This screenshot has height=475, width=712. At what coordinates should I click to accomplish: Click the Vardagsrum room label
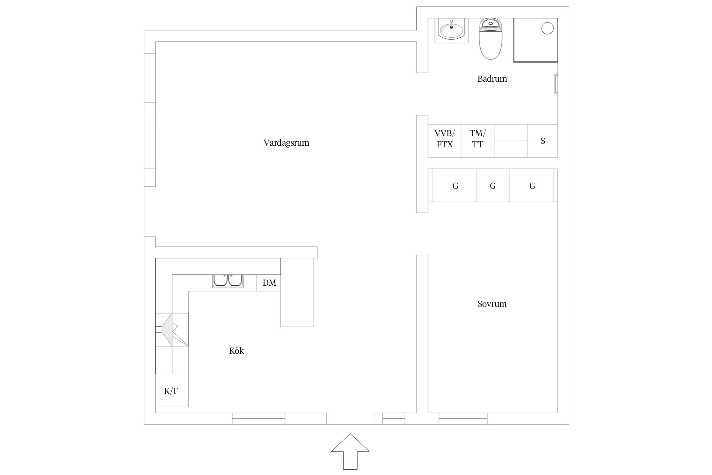click(286, 143)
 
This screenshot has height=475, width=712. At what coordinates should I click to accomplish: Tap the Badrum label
click(492, 79)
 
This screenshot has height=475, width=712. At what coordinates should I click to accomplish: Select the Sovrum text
click(492, 304)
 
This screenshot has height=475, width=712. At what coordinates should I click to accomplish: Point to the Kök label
click(236, 351)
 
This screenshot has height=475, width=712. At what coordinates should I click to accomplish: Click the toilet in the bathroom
click(490, 39)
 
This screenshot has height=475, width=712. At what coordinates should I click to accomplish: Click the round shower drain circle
click(547, 28)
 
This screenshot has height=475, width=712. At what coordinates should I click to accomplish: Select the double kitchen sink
click(228, 281)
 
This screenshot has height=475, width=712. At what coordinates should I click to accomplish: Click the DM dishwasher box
click(268, 283)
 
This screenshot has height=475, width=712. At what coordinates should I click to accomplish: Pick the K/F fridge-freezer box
click(172, 390)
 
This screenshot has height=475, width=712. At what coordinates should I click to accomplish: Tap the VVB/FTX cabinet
click(445, 141)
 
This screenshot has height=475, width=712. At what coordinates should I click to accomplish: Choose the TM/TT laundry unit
click(478, 141)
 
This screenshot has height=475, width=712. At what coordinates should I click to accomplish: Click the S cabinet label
click(543, 141)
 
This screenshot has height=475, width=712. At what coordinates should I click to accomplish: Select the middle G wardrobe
click(493, 185)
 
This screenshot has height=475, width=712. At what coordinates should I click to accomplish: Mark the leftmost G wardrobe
click(454, 185)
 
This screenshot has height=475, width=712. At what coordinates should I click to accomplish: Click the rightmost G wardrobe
click(531, 185)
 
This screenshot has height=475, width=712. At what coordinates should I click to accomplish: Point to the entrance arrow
click(350, 452)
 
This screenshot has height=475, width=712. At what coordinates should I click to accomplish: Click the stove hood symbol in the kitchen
click(172, 329)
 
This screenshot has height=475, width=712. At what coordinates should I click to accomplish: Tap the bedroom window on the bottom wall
click(463, 418)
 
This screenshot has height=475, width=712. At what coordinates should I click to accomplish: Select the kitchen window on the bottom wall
click(259, 418)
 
